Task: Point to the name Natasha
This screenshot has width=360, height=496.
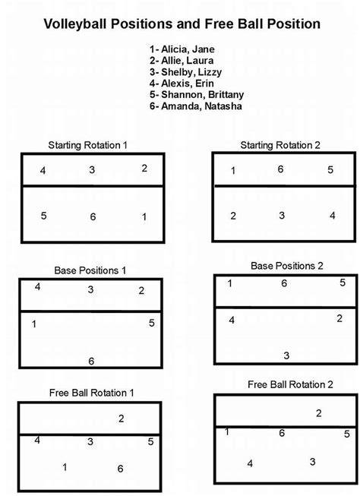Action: pos(223,106)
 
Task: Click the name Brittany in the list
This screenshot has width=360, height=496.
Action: pos(226,95)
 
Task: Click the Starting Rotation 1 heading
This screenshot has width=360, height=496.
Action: pos(87,146)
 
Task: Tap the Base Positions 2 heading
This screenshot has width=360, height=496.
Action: pos(287,266)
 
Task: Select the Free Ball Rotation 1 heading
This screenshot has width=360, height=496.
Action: pos(91,393)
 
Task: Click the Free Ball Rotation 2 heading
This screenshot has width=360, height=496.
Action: pos(290,384)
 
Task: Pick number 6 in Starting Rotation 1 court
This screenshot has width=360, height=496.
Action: pos(93,217)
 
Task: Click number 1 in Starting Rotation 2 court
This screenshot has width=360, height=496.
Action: pos(233,171)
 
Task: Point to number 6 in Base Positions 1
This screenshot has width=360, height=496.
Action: pos(91,362)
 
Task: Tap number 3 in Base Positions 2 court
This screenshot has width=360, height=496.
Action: pos(286,356)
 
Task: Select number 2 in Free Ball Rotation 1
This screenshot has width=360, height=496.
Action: pos(122,419)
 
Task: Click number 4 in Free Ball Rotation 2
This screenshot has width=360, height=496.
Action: pos(250,464)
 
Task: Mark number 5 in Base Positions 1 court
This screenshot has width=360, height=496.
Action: pos(152,323)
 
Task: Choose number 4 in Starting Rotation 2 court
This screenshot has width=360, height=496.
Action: pos(332,216)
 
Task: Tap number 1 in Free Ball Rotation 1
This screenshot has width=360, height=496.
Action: pos(65,467)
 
